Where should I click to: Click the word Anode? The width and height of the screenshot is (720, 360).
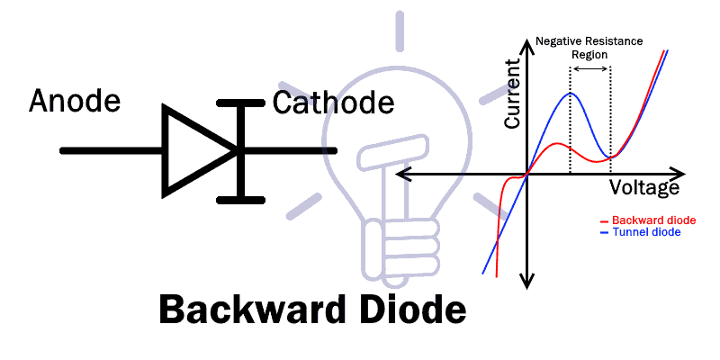click(x=75, y=100)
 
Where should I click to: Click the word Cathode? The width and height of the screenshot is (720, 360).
click(x=333, y=103)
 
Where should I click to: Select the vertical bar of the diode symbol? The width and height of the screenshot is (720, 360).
click(x=239, y=149)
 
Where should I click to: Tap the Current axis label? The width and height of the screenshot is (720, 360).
click(x=514, y=94)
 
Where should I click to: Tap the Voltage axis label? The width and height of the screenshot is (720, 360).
click(x=644, y=188)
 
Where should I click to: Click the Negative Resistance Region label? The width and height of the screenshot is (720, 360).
click(x=589, y=48)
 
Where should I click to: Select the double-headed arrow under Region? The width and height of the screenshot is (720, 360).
click(x=589, y=69)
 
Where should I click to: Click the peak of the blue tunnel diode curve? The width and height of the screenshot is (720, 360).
click(x=569, y=94)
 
